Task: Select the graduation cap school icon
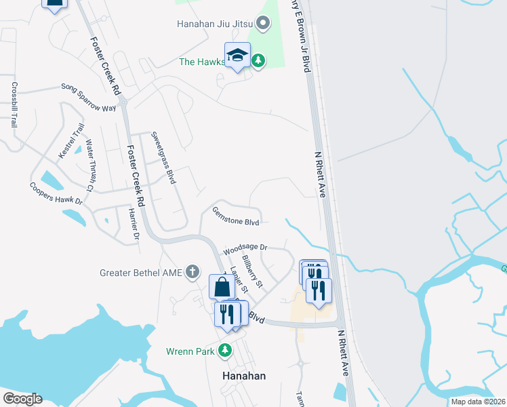(237, 56)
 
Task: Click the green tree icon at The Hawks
(258, 61)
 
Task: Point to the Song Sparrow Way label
(89, 97)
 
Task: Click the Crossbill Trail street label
(14, 105)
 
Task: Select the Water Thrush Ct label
(89, 165)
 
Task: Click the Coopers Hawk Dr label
(56, 193)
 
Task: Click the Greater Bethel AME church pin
(192, 273)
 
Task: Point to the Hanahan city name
(244, 376)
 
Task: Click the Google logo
(22, 399)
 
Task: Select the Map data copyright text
(477, 402)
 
